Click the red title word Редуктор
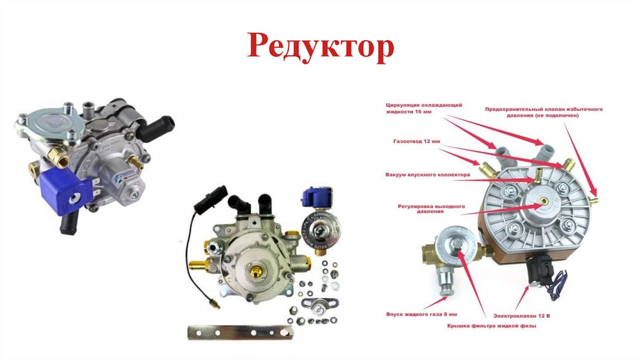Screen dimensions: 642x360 click(x=320, y=46)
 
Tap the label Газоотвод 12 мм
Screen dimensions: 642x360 click(x=416, y=141)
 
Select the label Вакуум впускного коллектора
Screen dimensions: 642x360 click(x=428, y=175)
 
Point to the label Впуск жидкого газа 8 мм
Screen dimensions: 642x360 click(x=421, y=315)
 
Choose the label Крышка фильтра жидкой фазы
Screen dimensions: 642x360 click(x=492, y=326)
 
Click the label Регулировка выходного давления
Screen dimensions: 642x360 click(x=431, y=209)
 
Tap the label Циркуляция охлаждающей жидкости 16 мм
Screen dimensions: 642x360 click(x=424, y=108)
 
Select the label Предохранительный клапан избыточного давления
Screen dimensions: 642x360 click(x=544, y=113)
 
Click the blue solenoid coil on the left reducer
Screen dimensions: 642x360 click(x=65, y=192)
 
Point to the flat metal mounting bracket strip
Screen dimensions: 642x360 click(x=241, y=332)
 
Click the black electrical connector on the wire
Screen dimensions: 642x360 click(x=211, y=199)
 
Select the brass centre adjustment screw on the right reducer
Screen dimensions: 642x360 click(x=544, y=201)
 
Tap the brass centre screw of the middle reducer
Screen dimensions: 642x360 click(x=256, y=271)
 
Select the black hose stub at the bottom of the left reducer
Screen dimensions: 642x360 click(x=69, y=223)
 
